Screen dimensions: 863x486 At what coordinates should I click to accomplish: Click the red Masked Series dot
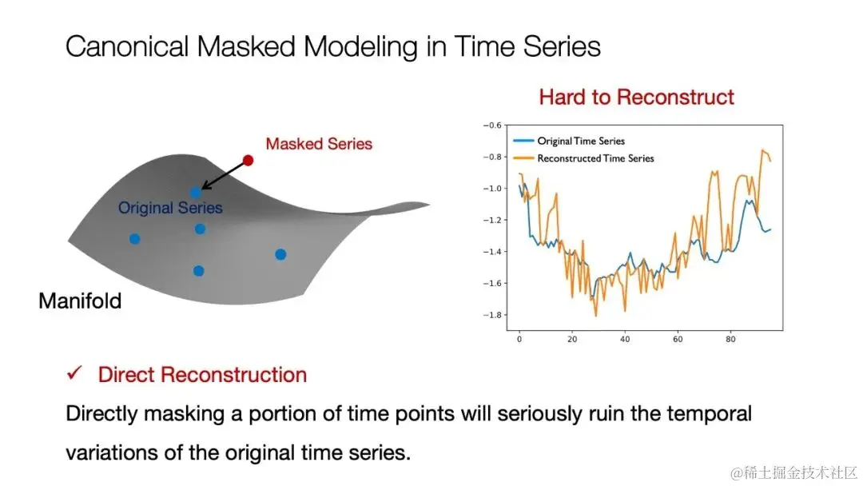pyautogui.click(x=249, y=160)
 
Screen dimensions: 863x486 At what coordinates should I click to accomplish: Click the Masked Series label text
pyautogui.click(x=319, y=144)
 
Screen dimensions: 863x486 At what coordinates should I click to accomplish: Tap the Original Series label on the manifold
pyautogui.click(x=170, y=208)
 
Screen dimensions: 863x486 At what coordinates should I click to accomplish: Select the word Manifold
pyautogui.click(x=80, y=301)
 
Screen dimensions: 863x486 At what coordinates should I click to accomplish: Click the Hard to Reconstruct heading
pyautogui.click(x=636, y=97)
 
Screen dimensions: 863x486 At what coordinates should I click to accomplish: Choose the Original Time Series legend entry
pyautogui.click(x=569, y=141)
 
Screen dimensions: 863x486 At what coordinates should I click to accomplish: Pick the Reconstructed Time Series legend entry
pyautogui.click(x=583, y=158)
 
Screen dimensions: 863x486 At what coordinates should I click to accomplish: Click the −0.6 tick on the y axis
pyautogui.click(x=492, y=125)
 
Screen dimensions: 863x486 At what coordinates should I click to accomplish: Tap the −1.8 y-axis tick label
pyautogui.click(x=492, y=315)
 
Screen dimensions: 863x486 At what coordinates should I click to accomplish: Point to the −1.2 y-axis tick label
pyautogui.click(x=492, y=220)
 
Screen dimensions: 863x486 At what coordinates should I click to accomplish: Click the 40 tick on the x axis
pyautogui.click(x=625, y=339)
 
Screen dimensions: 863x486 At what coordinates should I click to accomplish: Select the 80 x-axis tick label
pyautogui.click(x=730, y=339)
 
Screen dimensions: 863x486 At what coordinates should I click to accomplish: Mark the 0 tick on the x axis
pyautogui.click(x=519, y=339)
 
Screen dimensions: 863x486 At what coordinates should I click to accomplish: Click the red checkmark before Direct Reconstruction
pyautogui.click(x=74, y=373)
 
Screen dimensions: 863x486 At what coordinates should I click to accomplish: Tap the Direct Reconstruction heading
pyautogui.click(x=202, y=375)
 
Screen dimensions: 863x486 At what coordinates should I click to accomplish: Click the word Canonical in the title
pyautogui.click(x=127, y=46)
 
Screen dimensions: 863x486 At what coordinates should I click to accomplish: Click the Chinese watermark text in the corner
pyautogui.click(x=793, y=472)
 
